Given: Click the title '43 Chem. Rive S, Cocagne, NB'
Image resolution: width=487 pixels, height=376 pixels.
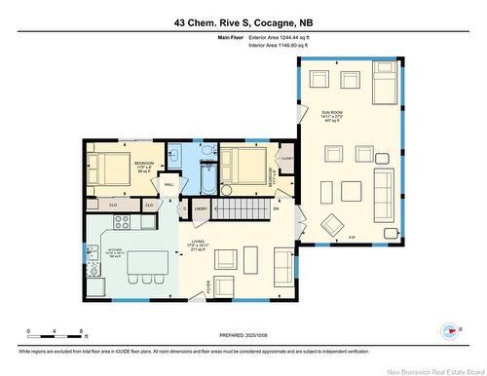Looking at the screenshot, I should click(243, 20).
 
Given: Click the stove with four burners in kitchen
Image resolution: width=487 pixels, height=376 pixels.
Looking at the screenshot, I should click(123, 220).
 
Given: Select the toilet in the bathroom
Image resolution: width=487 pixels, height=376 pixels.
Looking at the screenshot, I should click(206, 151).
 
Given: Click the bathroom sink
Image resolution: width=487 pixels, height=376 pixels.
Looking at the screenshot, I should click(175, 153).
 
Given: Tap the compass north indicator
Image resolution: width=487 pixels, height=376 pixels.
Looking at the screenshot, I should click(451, 333).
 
